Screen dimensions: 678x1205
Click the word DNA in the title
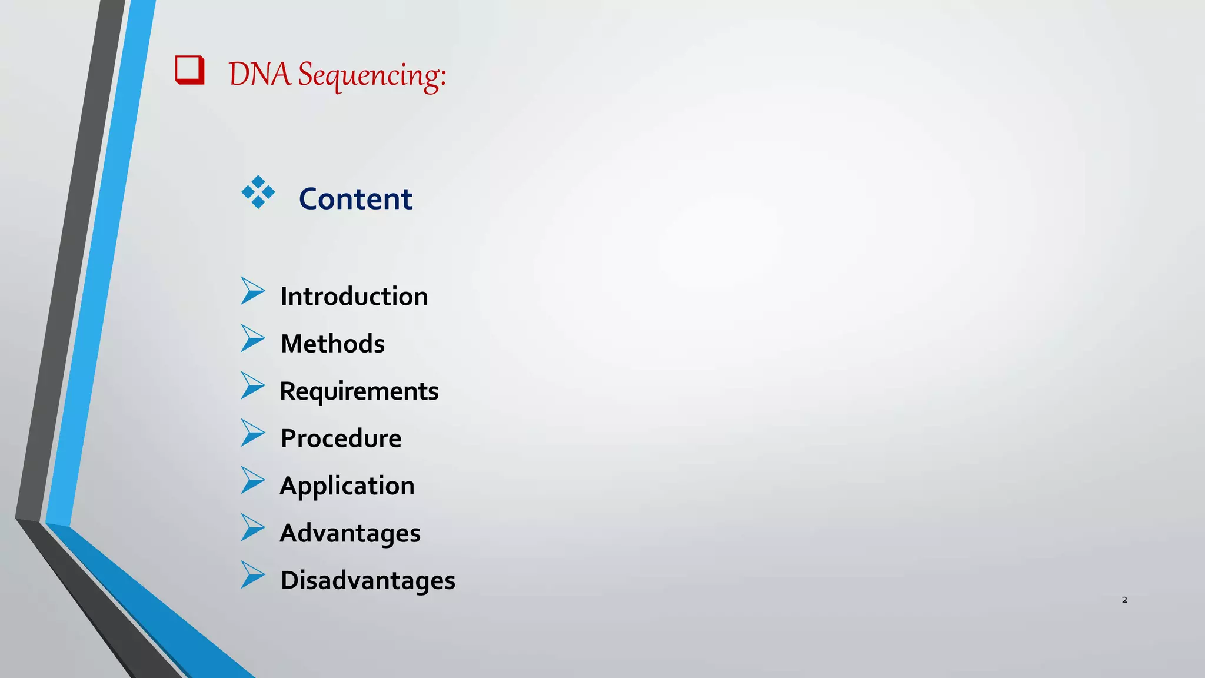click(x=259, y=75)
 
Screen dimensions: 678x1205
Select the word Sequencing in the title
click(x=372, y=76)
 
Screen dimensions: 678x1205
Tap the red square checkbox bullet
click(x=190, y=70)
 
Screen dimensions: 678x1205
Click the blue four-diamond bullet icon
click(x=258, y=192)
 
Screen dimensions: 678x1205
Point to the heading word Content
click(x=355, y=199)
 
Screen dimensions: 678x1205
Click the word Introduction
click(x=354, y=296)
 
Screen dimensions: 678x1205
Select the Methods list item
click(x=332, y=344)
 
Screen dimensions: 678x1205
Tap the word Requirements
click(x=359, y=391)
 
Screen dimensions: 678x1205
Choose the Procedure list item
click(x=341, y=438)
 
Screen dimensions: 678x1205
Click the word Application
click(x=347, y=486)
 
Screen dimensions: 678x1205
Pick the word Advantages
click(x=350, y=533)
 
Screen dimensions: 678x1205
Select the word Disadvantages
click(x=368, y=580)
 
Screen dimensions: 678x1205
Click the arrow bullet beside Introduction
click(x=252, y=291)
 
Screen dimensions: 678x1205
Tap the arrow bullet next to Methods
click(x=252, y=338)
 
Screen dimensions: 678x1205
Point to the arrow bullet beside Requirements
click(x=252, y=385)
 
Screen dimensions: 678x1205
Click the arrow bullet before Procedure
click(x=252, y=433)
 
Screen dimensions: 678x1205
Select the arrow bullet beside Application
click(x=252, y=480)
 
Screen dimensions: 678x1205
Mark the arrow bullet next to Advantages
click(x=252, y=527)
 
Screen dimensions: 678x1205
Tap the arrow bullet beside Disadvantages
click(x=252, y=574)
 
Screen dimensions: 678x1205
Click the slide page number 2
click(x=1124, y=600)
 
